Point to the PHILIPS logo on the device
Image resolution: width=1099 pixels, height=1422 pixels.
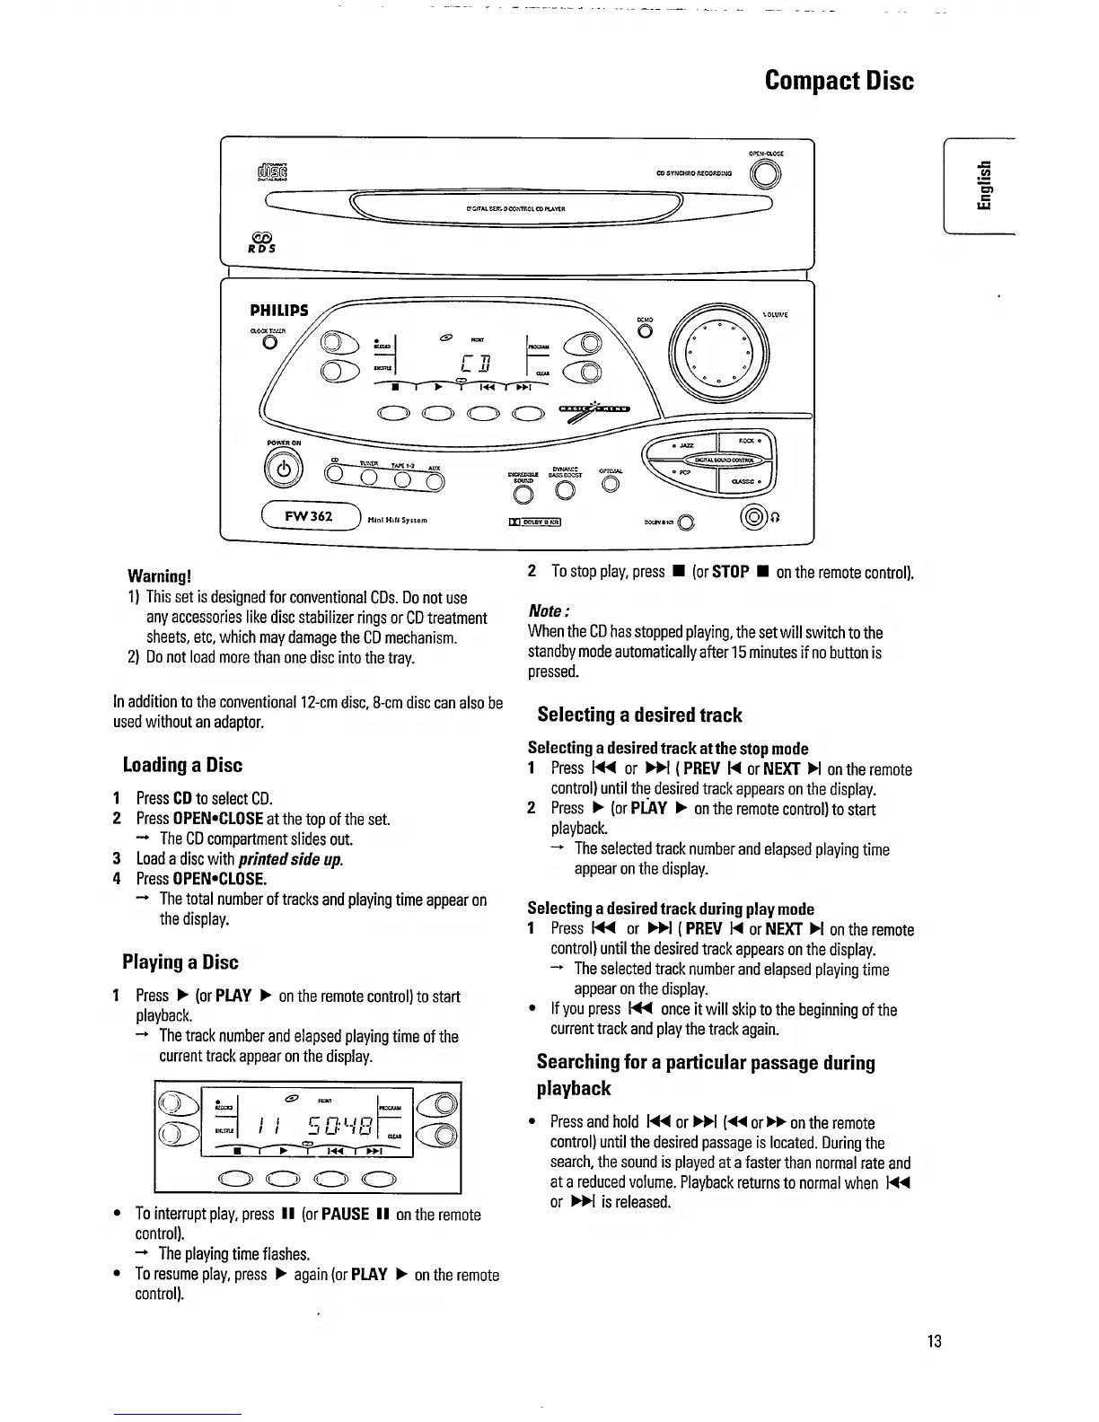(x=278, y=311)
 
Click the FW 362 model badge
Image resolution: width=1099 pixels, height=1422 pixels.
(x=309, y=516)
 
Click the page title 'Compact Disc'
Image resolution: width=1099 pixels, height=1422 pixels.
(x=839, y=81)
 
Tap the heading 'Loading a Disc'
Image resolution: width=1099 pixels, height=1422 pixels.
(x=182, y=766)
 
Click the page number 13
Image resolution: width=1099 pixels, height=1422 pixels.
(x=934, y=1342)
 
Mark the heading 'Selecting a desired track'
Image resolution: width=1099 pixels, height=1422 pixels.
(x=639, y=715)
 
